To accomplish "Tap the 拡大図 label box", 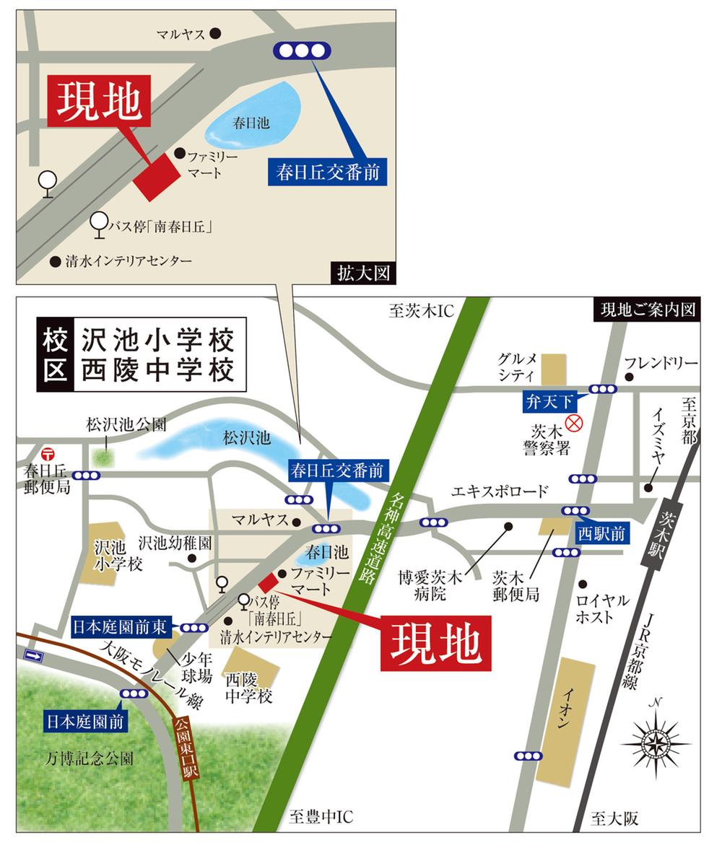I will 364,273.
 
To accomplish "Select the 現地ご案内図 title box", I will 646,310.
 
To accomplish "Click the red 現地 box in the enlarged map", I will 99,101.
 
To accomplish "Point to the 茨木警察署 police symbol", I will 574,422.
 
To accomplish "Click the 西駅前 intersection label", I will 601,533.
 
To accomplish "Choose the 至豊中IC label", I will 321,818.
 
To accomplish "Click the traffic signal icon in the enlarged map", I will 302,51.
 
